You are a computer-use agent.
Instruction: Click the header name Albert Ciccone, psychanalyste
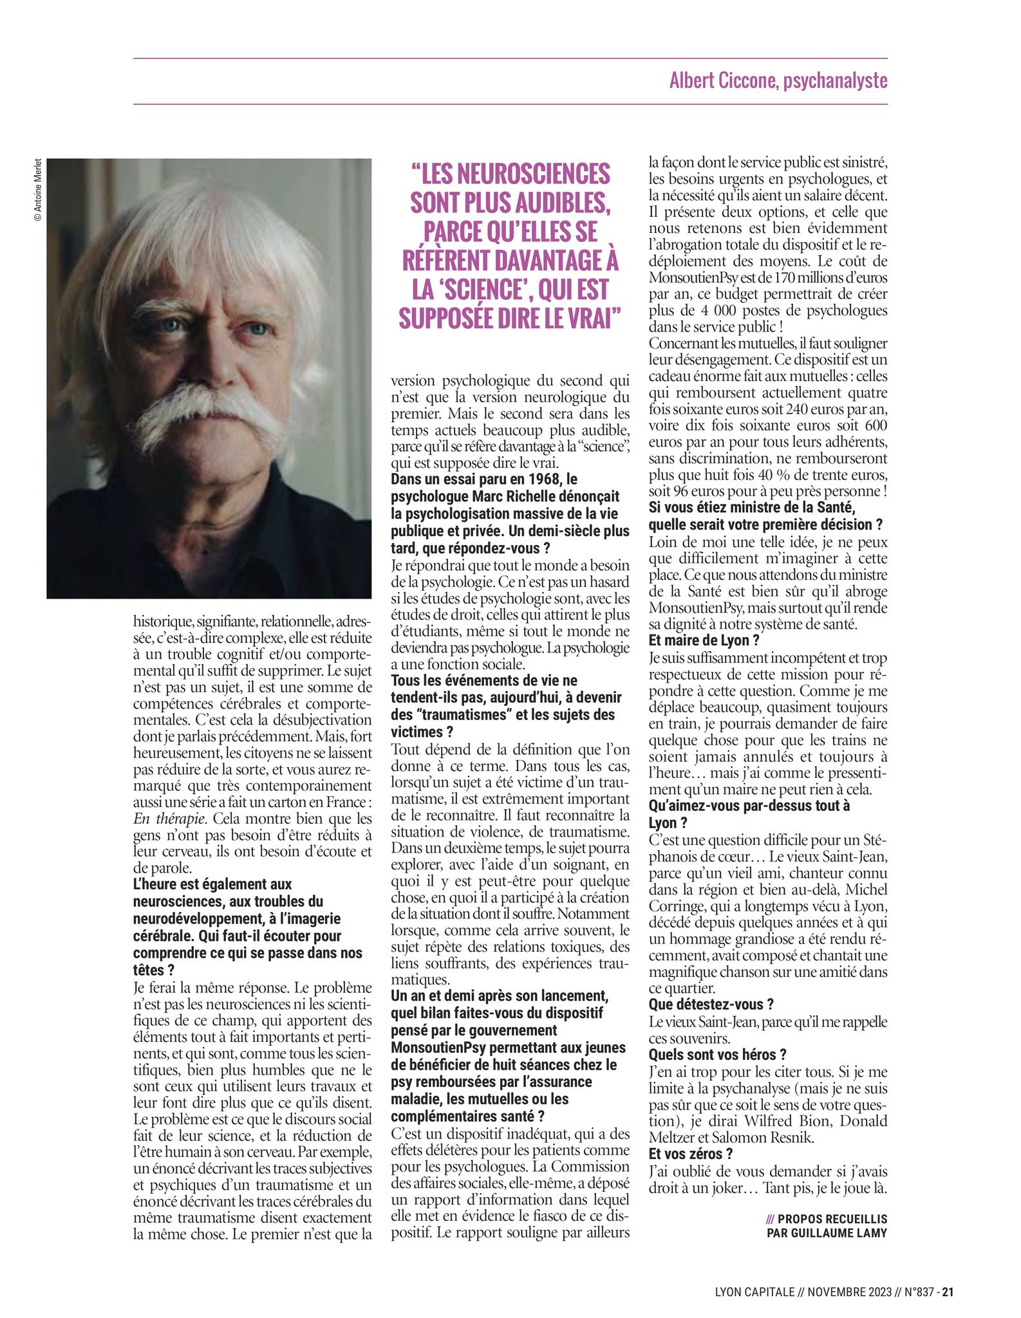tap(778, 81)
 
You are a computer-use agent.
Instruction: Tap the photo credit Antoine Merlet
tap(37, 190)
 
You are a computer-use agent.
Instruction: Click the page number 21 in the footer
tap(948, 1290)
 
